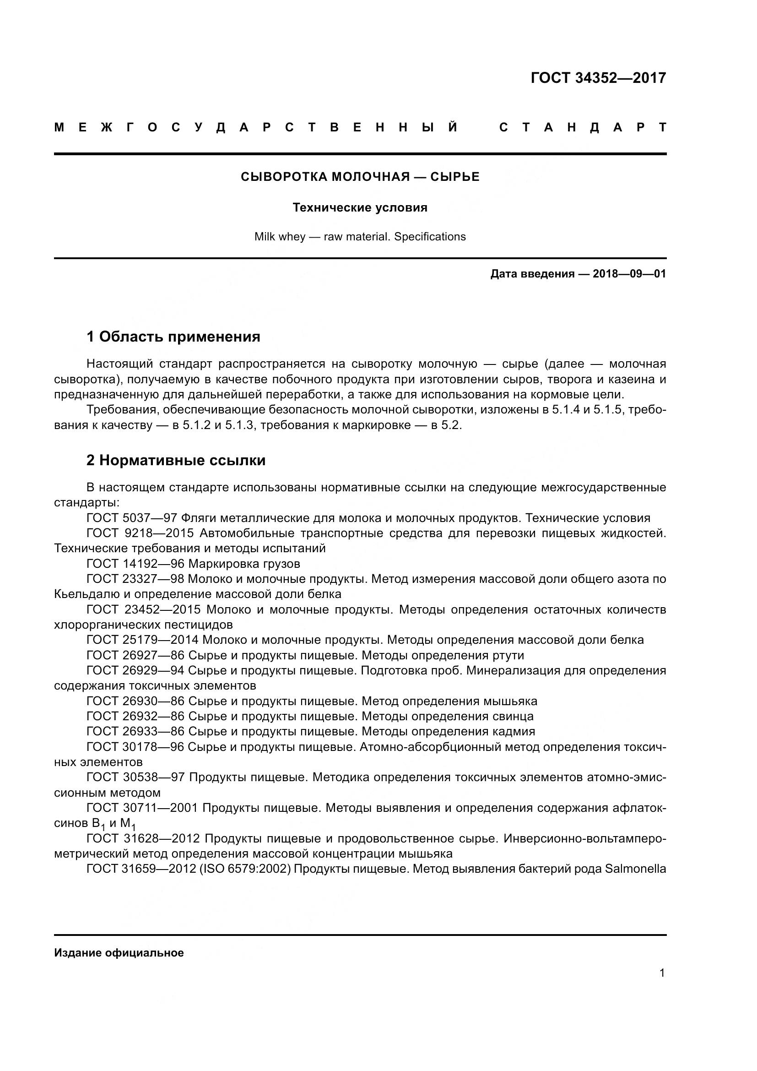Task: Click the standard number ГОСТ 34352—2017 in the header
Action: [598, 78]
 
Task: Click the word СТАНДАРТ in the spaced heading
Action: [582, 127]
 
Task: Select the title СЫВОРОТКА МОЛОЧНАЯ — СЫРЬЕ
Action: [360, 177]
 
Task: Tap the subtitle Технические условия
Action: [360, 207]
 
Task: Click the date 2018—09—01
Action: [629, 274]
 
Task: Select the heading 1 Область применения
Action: [173, 337]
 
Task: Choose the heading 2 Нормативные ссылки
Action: [176, 460]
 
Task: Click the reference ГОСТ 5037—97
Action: [131, 518]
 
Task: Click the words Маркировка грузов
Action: [244, 564]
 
